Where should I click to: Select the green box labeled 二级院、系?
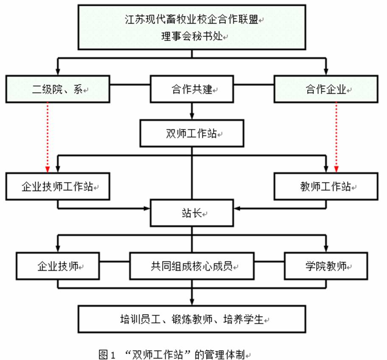coord(58,89)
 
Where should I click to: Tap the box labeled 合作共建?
coord(192,89)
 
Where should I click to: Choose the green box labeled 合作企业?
coord(326,89)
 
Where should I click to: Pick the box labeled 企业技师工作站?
coord(58,186)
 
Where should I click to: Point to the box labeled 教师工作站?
coord(326,186)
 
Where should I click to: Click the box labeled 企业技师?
coord(58,266)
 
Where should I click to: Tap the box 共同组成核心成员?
coord(192,266)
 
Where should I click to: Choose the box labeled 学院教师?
coord(326,266)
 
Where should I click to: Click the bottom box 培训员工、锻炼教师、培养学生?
coord(192,318)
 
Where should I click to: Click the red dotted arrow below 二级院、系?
coord(47,136)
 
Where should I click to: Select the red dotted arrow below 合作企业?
coord(337,136)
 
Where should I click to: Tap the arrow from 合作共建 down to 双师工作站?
coord(192,111)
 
